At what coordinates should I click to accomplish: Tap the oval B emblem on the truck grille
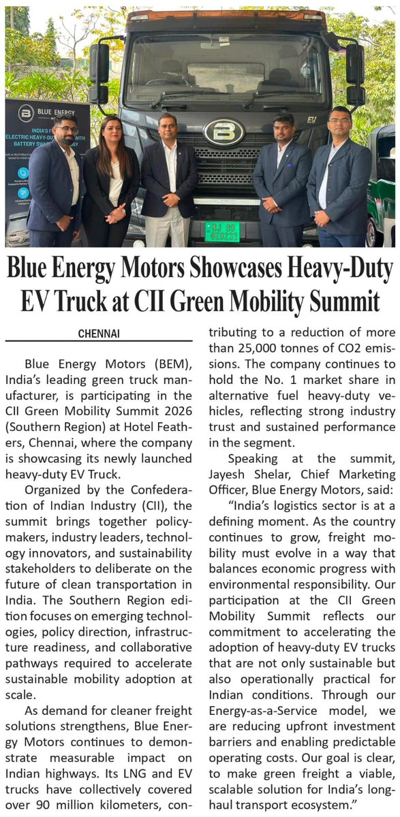pos(224,131)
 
